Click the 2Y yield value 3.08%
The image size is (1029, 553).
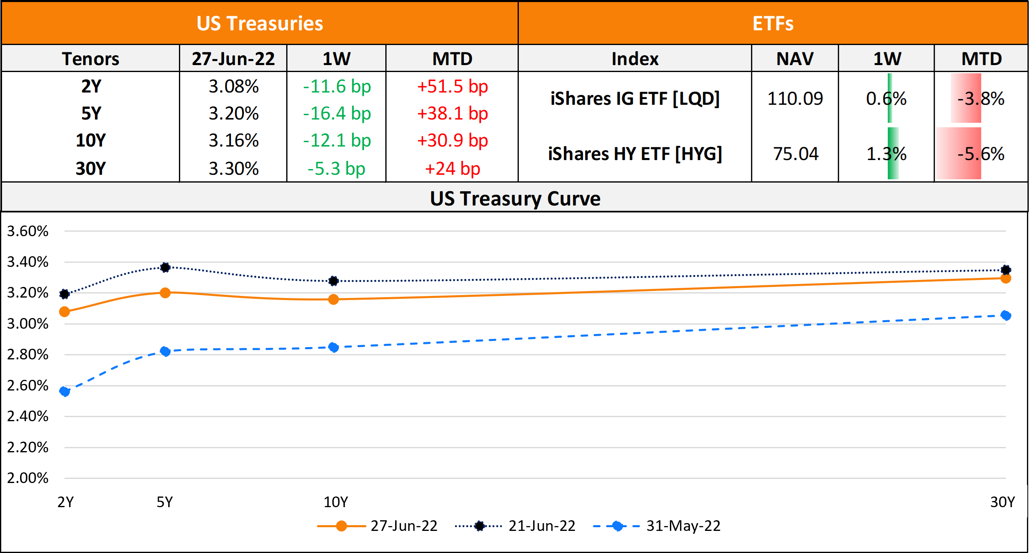click(233, 86)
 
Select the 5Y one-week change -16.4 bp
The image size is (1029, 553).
click(337, 113)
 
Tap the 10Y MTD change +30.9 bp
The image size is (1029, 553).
click(452, 140)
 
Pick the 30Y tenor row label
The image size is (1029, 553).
click(90, 169)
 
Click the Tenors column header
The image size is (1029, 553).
click(90, 59)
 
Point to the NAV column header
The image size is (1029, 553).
click(795, 59)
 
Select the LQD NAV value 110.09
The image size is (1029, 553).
click(795, 99)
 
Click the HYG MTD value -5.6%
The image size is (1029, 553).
click(981, 154)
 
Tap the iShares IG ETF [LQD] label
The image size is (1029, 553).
click(635, 99)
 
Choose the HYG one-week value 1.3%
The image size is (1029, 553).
click(886, 154)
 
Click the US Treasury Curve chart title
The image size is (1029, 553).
click(515, 199)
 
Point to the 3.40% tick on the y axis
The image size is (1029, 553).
click(28, 262)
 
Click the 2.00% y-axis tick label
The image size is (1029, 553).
click(28, 478)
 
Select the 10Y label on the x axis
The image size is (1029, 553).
click(335, 502)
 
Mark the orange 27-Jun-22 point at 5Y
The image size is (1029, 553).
click(165, 293)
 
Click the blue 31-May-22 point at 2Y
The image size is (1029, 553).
click(65, 392)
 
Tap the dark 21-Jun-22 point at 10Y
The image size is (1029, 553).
click(333, 281)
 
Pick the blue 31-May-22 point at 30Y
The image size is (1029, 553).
click(1005, 315)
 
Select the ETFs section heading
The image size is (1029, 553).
click(773, 23)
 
